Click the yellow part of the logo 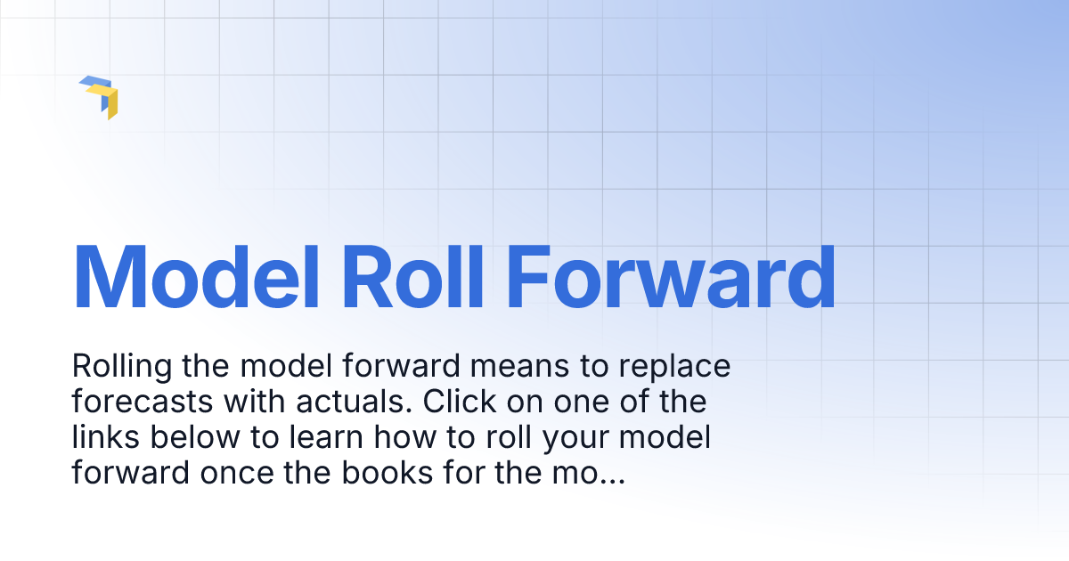click(x=111, y=103)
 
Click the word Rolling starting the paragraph click(x=121, y=367)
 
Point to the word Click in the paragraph click(x=458, y=402)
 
